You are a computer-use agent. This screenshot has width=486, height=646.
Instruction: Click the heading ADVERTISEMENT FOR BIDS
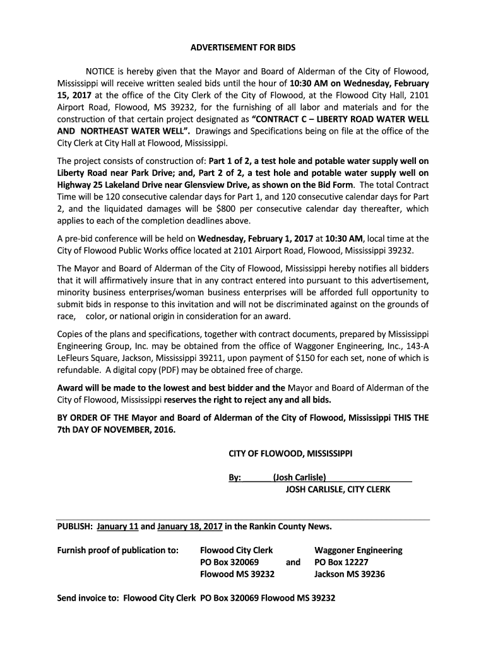(243, 47)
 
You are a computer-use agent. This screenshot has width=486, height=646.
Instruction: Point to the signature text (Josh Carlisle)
(299, 478)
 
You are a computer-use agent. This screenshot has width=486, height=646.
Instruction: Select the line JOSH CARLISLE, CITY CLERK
(338, 489)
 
